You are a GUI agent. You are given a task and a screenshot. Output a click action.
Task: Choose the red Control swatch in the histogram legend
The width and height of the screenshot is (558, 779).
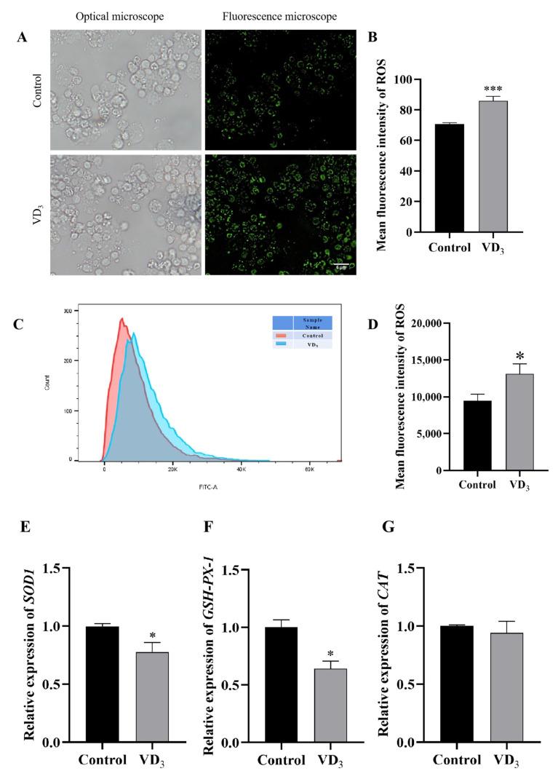(x=281, y=335)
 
